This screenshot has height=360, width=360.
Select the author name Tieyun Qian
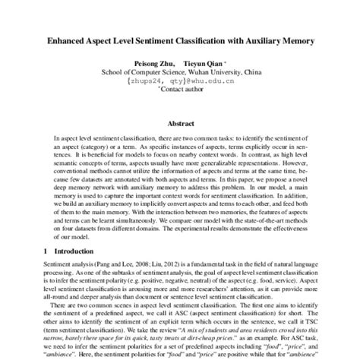point(205,62)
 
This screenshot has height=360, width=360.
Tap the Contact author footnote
point(182,92)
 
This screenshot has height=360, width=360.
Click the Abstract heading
point(181,122)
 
